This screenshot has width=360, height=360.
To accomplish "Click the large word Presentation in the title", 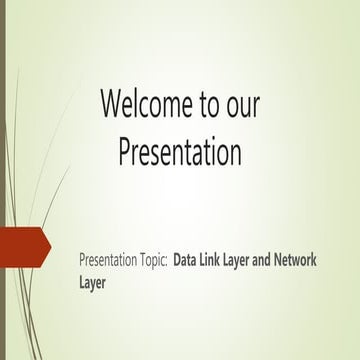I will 180,152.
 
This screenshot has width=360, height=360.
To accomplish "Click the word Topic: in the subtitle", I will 149,261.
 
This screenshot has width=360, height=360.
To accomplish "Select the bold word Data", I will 186,261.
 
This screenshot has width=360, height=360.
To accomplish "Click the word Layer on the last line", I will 92,282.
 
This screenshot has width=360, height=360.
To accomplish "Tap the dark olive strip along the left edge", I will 3,180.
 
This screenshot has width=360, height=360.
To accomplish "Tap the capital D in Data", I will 178,261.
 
